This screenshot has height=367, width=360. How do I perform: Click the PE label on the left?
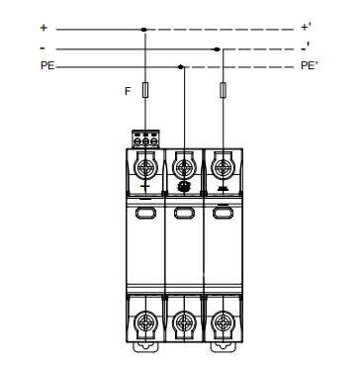(47, 65)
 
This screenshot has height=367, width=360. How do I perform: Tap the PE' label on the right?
(309, 65)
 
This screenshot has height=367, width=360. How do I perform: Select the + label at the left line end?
(44, 28)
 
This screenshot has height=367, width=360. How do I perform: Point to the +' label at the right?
(305, 27)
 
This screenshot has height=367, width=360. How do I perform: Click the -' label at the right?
(306, 46)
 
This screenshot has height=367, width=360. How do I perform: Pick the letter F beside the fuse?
(128, 91)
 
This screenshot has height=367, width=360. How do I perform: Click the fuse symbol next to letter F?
(145, 90)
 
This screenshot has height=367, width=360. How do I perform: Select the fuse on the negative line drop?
(224, 90)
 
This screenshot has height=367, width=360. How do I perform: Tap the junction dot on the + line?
(144, 30)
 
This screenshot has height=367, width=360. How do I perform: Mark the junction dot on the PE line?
(180, 67)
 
